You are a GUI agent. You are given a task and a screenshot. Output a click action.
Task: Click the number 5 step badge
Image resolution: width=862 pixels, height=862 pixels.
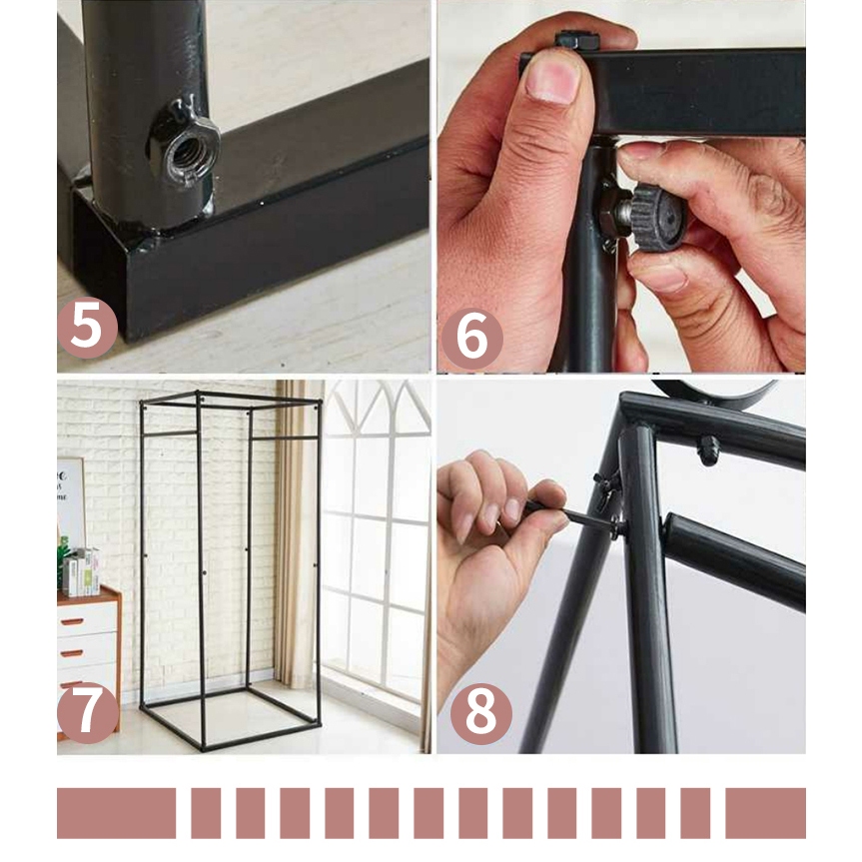pos(88,328)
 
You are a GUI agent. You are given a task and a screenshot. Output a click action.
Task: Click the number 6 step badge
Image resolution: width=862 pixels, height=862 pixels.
pos(472,338)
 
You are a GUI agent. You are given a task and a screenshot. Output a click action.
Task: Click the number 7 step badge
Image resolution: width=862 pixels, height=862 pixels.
pos(88,713)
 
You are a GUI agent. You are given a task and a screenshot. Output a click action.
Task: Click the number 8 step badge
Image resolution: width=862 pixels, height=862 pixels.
pos(481,714)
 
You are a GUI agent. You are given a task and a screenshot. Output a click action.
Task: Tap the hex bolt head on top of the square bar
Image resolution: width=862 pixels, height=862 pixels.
pos(576,40)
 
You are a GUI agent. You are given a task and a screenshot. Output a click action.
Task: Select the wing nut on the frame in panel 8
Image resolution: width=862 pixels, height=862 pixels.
pos(607,483)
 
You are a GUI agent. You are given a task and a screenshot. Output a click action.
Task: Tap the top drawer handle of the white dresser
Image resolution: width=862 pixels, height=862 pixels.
pos(72,621)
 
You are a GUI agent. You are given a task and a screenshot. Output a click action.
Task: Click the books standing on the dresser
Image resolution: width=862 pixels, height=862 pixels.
pos(81,571)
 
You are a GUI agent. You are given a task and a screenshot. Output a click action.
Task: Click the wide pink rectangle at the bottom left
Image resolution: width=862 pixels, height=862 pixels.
pos(117,813)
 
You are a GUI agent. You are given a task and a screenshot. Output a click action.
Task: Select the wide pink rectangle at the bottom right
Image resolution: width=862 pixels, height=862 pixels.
pos(765,813)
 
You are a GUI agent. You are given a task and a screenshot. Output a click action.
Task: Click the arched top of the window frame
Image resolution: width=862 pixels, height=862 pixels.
pos(379,407)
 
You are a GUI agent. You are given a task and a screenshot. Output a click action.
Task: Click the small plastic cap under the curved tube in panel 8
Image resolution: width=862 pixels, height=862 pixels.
pos(708,449)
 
